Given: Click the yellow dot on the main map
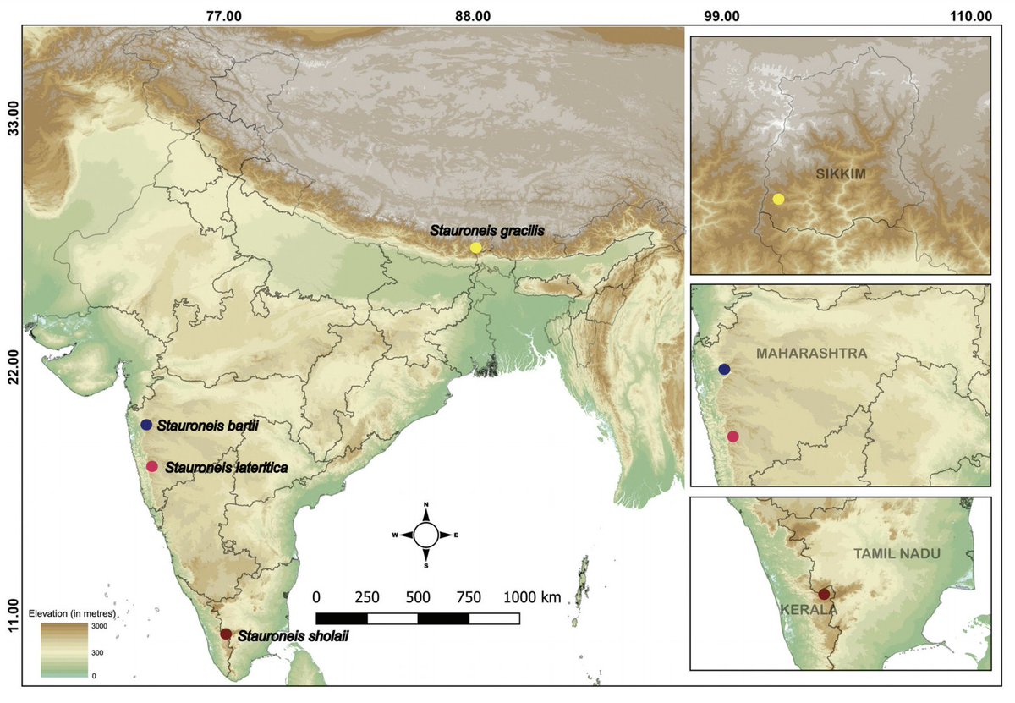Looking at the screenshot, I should pos(476,248).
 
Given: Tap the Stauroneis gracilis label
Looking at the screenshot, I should pos(485,229).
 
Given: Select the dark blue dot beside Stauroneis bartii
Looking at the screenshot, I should pos(146,425).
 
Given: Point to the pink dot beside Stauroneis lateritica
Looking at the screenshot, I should pos(152,466).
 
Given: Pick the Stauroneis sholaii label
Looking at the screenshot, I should pos(293,635).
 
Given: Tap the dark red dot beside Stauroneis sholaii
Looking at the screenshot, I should pos(225,634).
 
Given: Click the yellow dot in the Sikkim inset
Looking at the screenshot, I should pos(778,199).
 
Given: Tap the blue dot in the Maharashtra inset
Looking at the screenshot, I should pos(724,370).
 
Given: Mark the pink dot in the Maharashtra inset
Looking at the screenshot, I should pos(732,436).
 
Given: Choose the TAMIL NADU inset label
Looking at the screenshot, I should pos(909,553).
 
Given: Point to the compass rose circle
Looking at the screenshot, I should pos(426,535).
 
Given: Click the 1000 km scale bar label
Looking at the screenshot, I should pos(533,597).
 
